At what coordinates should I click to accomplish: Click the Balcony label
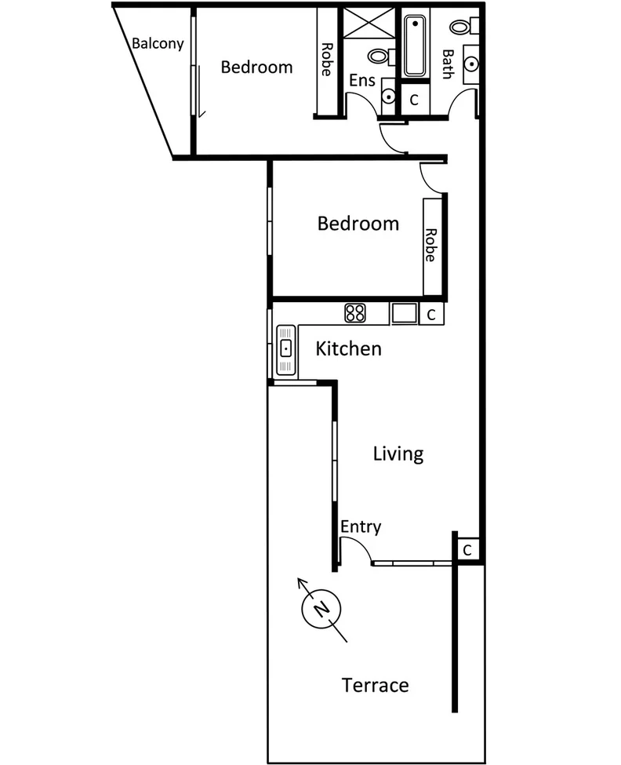pos(158,43)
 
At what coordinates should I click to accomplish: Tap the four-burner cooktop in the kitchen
pos(355,313)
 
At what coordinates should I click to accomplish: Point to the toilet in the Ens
pos(379,56)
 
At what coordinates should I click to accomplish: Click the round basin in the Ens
pos(388,96)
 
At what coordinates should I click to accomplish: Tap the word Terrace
pos(376,685)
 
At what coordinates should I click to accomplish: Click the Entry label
pos(361,526)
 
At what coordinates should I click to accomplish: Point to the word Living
pos(398,454)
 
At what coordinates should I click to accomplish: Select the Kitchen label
pos(348,348)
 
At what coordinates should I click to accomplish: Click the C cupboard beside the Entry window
pos(467,550)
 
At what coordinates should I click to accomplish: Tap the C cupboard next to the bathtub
pos(415,100)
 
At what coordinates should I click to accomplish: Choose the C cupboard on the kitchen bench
pos(431,314)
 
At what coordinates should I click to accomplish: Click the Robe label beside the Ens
pos(325,59)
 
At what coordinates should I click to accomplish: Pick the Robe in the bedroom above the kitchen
pos(430,244)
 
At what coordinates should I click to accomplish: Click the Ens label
pos(361,80)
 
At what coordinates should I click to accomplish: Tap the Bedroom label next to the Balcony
pos(256,67)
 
